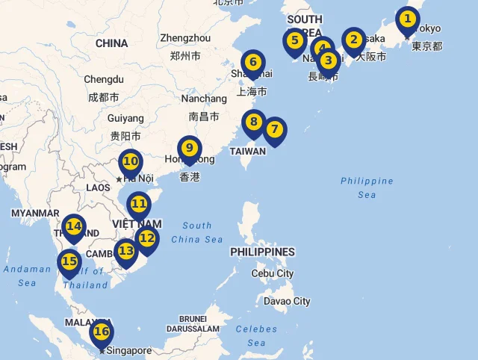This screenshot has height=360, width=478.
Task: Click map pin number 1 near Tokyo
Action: [x=407, y=19]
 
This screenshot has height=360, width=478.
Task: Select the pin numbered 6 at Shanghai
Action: [x=253, y=63]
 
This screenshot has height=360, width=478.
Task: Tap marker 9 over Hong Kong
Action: [x=190, y=148]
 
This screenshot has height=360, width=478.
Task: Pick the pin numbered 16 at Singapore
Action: [x=102, y=332]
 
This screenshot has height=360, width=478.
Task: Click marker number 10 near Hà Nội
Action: [x=131, y=161]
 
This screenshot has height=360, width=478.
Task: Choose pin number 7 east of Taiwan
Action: [x=275, y=129]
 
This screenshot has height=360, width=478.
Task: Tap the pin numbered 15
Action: [x=69, y=261]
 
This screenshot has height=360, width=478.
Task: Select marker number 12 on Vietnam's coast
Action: [x=147, y=239]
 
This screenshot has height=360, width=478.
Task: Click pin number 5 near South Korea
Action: [x=294, y=40]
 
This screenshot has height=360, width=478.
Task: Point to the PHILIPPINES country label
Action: [x=262, y=252]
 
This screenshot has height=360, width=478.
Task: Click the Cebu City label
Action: [x=273, y=273]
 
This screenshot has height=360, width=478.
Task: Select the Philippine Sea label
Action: [x=367, y=187]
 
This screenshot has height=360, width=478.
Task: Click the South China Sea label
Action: [x=196, y=232]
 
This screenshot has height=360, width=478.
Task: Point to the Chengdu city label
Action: [x=103, y=79]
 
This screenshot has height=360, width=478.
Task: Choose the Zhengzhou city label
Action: [x=185, y=38]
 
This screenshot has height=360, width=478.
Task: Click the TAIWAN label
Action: [x=247, y=151]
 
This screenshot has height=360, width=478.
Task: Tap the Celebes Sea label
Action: [x=256, y=335]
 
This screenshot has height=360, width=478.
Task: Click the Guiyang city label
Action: [x=125, y=118]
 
